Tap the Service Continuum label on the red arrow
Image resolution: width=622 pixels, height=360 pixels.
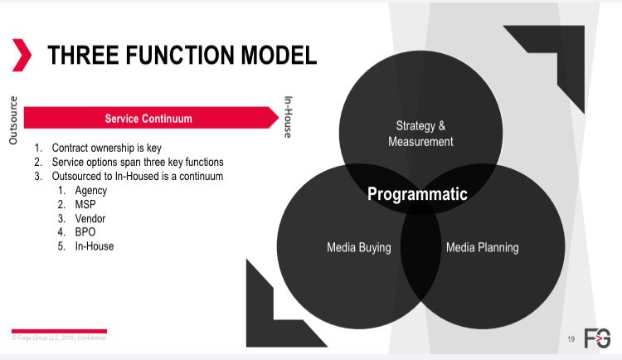148,119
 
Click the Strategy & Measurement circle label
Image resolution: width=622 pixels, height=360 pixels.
420,134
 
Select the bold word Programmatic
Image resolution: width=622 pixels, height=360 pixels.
417,194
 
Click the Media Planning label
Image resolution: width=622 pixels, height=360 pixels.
482,247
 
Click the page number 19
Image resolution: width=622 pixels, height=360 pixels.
571,338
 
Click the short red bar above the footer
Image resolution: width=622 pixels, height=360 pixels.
58,330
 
